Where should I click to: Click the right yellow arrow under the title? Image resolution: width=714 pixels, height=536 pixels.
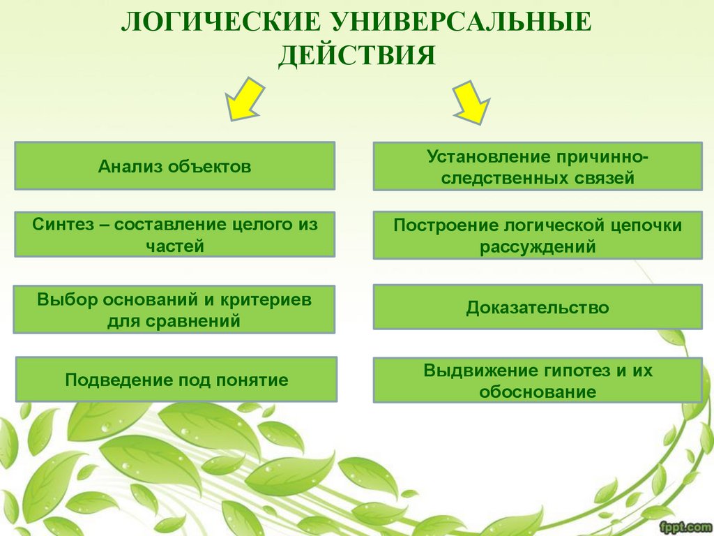[x=473, y=102]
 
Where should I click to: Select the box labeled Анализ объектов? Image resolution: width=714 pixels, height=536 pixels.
[x=174, y=166]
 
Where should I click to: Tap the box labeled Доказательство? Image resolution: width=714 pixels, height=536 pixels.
[x=537, y=307]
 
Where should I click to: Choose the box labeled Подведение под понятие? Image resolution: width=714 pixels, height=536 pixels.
[x=176, y=380]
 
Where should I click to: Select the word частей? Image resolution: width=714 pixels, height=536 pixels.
[x=175, y=246]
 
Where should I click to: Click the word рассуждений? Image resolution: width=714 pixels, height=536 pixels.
[x=538, y=246]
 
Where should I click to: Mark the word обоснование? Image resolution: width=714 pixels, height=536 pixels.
[x=538, y=392]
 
